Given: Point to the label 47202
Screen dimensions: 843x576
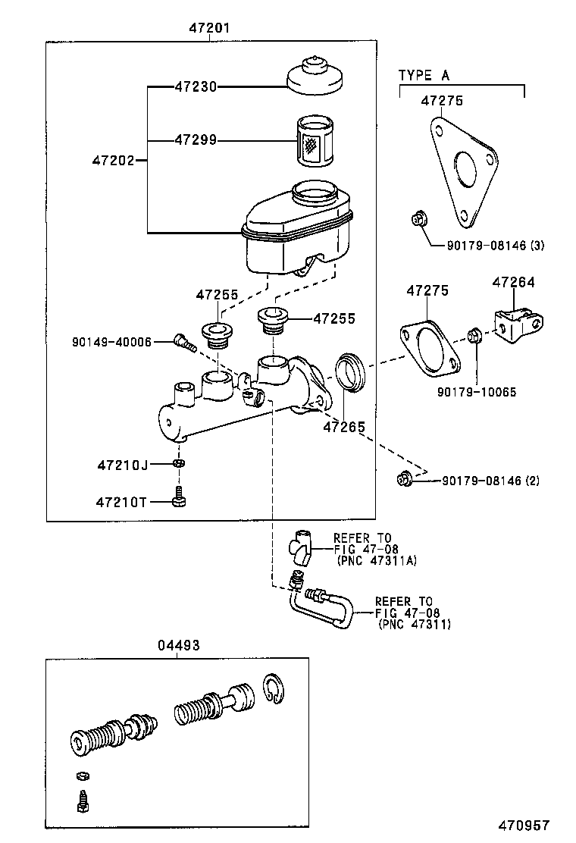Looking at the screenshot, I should point(114,160).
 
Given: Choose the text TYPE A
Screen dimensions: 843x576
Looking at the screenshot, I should point(424,75).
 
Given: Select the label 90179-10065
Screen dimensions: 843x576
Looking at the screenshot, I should point(477,392).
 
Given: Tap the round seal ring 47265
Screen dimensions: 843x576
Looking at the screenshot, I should point(349,373).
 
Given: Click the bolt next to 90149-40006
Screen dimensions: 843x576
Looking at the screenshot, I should point(183,343).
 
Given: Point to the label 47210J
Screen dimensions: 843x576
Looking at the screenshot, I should point(122,464).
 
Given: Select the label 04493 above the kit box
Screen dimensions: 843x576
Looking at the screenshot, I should point(178,645).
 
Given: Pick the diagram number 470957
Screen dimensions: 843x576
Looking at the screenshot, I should point(523,826).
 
